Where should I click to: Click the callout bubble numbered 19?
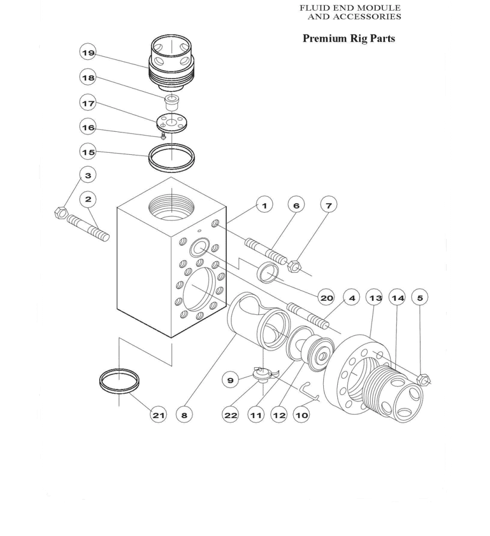click(x=88, y=53)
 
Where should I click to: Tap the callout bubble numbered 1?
click(x=264, y=205)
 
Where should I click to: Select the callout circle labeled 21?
click(x=158, y=415)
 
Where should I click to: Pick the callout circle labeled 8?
click(x=184, y=415)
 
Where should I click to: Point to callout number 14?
click(x=398, y=297)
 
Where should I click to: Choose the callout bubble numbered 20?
click(x=326, y=297)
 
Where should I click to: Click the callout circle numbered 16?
click(x=88, y=127)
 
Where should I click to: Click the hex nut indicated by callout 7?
click(x=294, y=266)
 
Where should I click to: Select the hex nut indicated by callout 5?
click(x=424, y=380)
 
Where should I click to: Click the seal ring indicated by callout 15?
click(x=172, y=158)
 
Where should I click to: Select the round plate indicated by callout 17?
click(x=172, y=123)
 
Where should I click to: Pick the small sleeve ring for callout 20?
click(x=268, y=272)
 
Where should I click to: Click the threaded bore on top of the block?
click(x=172, y=207)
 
